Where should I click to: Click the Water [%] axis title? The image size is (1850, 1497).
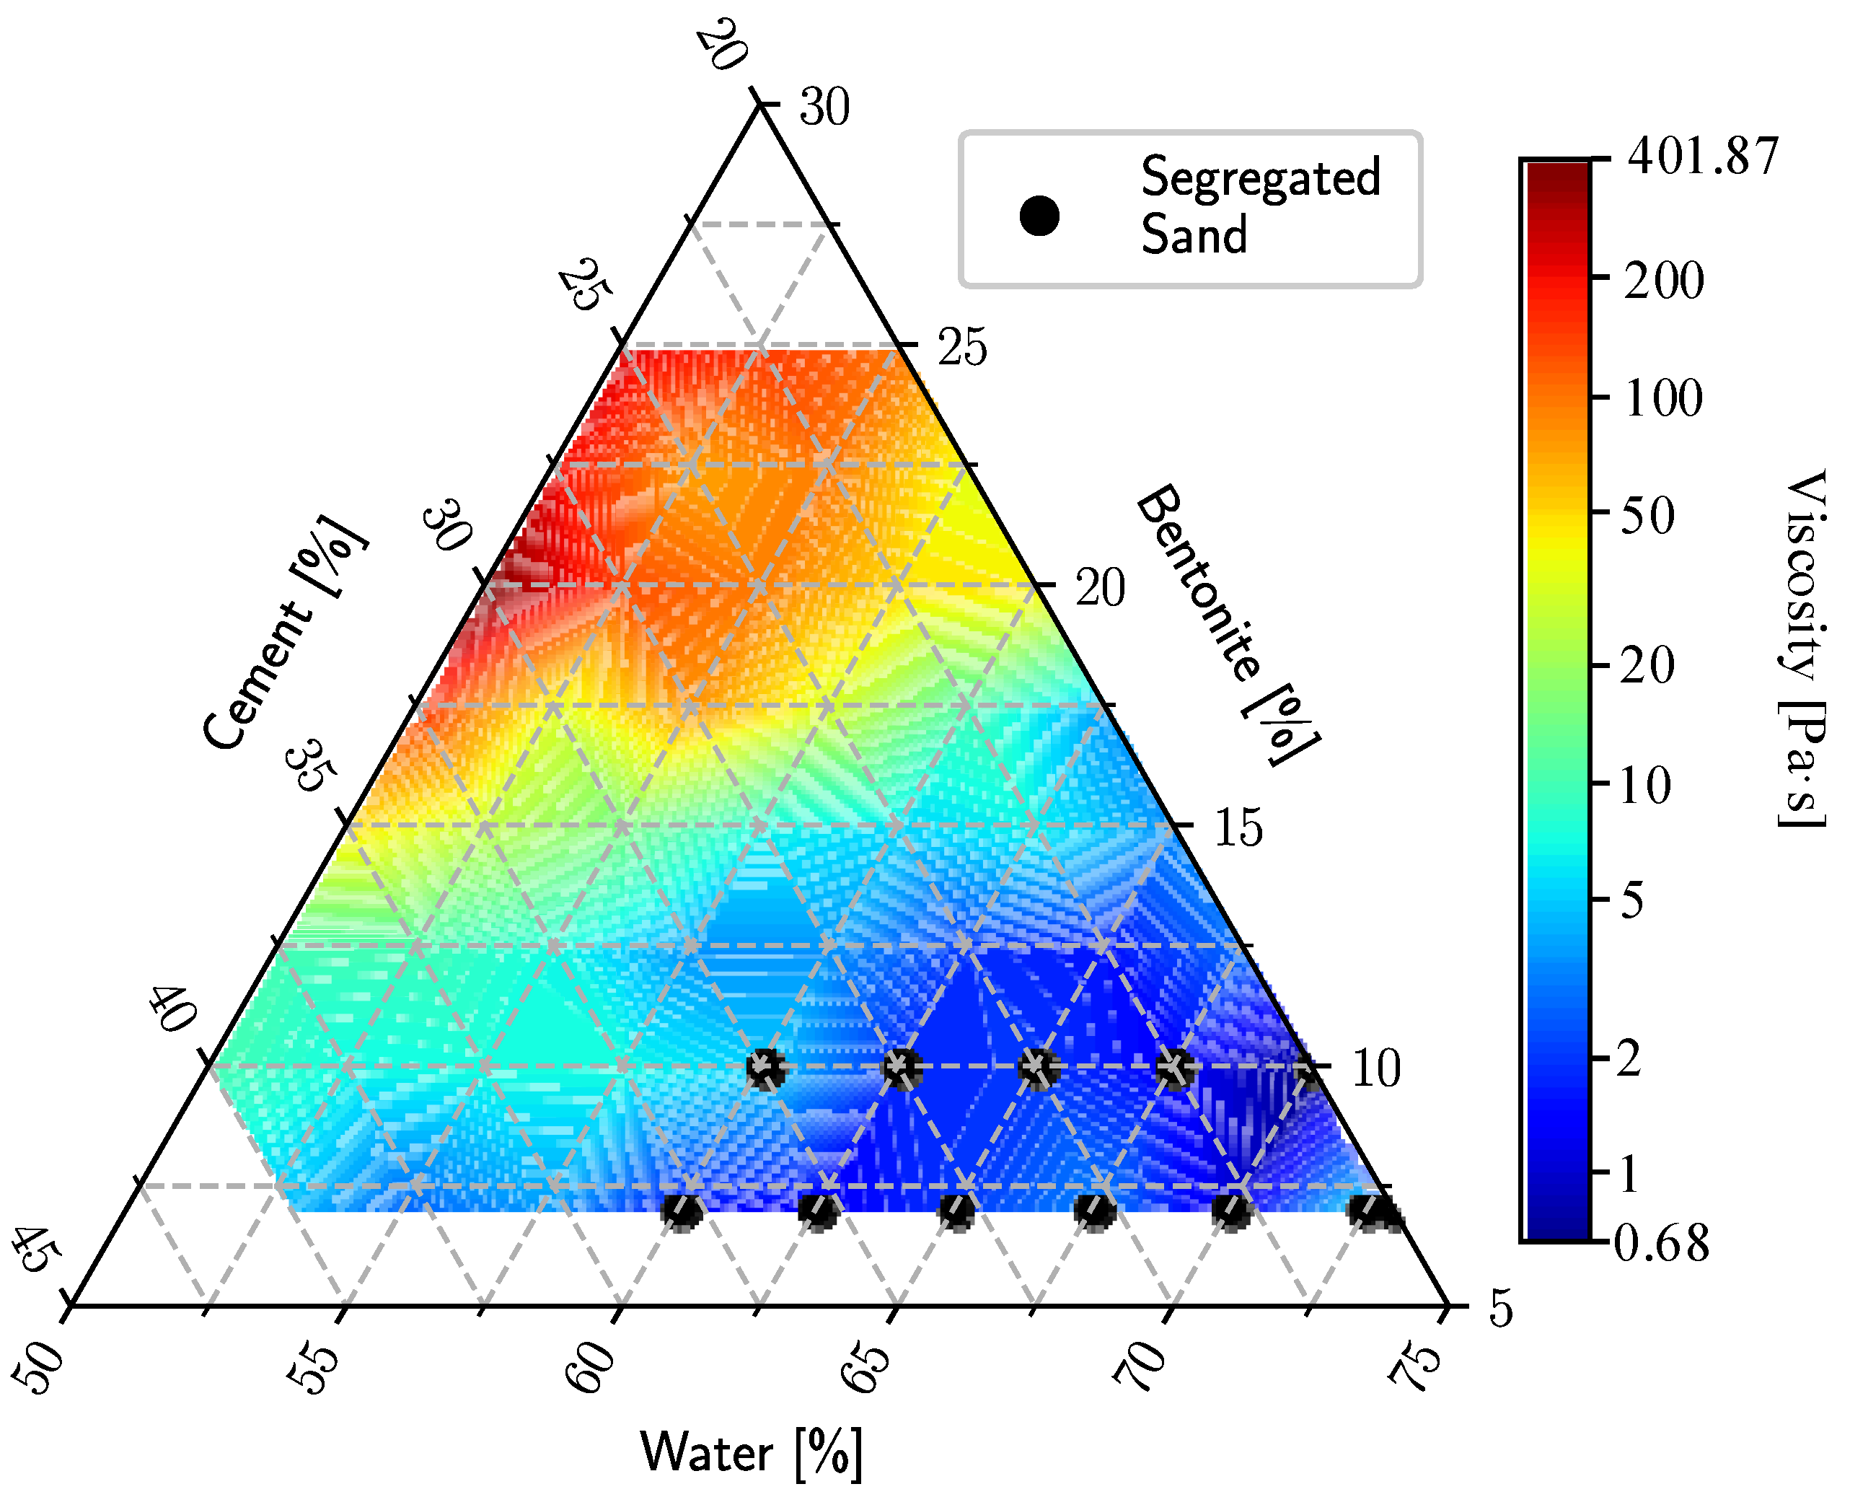[750, 1452]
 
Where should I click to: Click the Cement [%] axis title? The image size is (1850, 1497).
[284, 634]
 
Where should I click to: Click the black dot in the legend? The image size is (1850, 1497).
[1039, 216]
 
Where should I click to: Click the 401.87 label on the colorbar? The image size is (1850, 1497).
[1703, 157]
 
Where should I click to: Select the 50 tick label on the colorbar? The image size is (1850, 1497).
[1647, 516]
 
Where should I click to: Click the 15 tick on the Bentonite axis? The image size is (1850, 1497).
[1238, 827]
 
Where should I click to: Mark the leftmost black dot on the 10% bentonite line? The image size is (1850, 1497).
[765, 1069]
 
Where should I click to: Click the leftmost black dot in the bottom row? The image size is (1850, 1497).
[682, 1211]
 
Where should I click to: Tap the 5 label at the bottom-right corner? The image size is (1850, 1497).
[1501, 1308]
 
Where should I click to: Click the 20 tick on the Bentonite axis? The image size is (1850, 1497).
[1100, 589]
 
